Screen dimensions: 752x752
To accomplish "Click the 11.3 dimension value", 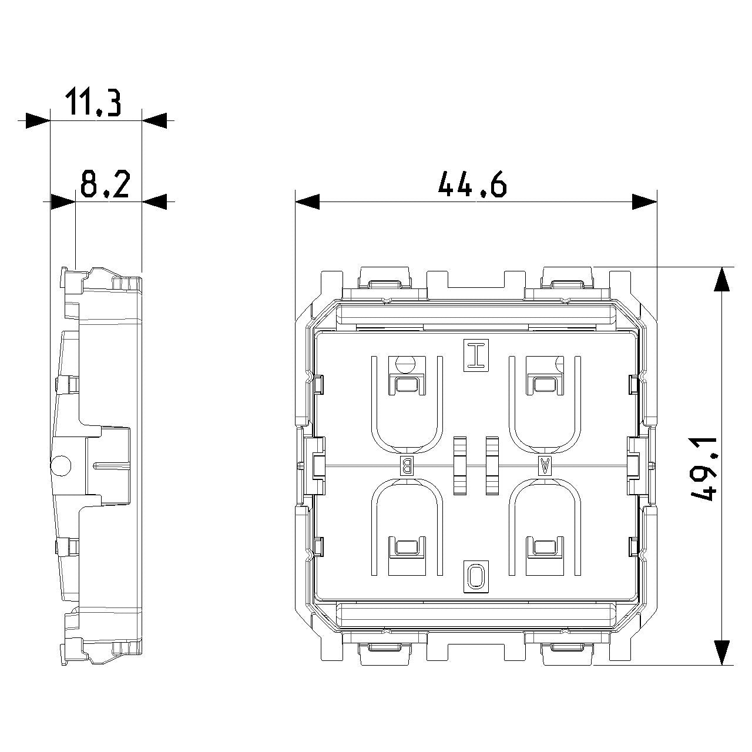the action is pos(92,103).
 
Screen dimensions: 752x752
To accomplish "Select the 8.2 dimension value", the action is pos(105,183).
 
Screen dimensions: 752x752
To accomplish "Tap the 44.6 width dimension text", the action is pos(472,184).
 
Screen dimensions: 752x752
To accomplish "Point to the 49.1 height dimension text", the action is pos(704,469).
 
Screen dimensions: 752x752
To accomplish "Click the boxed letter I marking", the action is pos(476,355).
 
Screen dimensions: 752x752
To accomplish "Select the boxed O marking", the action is pos(476,577).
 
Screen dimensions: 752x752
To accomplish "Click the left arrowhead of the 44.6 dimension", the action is pos(307,202).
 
